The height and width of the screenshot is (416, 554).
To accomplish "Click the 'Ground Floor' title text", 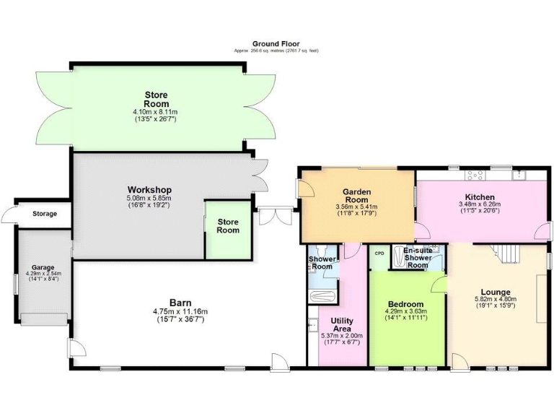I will click(x=276, y=44).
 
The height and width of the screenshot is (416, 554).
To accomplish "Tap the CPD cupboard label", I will click(x=379, y=254).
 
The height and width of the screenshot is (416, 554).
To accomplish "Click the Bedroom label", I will click(x=406, y=304).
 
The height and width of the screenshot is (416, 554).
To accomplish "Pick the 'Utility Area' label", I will click(x=342, y=324).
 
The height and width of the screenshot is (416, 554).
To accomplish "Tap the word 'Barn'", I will click(x=180, y=302).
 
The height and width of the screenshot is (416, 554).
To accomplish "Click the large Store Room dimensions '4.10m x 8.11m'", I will click(x=156, y=112).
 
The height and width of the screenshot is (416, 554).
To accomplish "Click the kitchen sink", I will click(x=519, y=174).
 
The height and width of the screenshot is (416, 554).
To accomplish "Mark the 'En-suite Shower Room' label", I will click(x=418, y=257).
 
